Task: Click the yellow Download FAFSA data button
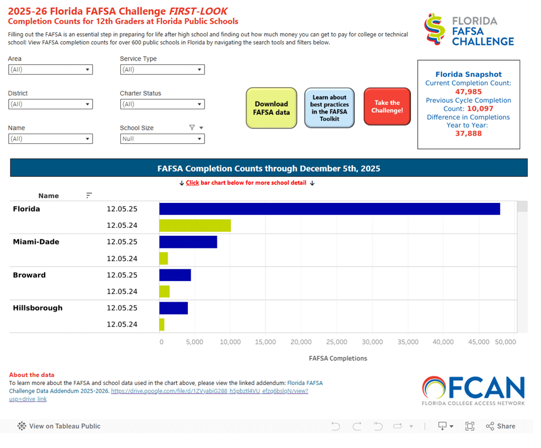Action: tap(271, 108)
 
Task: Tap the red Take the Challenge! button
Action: tap(387, 106)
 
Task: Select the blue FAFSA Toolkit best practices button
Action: tap(329, 108)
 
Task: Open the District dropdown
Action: tap(50, 104)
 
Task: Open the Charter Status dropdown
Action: tap(162, 104)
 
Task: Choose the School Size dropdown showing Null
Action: tap(162, 139)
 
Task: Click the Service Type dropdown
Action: tap(162, 69)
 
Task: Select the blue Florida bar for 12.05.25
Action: tap(329, 209)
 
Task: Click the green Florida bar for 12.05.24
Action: tap(195, 225)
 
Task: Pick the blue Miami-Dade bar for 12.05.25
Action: tap(188, 242)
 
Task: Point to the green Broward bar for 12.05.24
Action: tap(164, 291)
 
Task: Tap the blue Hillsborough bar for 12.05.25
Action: tap(173, 308)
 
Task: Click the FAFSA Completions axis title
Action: tap(338, 358)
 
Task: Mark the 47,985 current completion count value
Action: tap(468, 91)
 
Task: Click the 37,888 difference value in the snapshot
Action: tap(468, 134)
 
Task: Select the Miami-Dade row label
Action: tap(36, 242)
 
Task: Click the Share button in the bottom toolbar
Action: tap(501, 426)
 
